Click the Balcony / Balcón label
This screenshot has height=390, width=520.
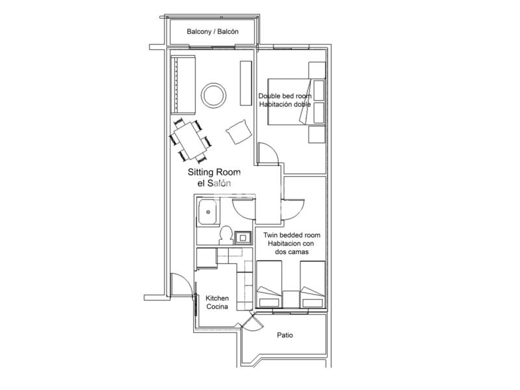tap(213, 31)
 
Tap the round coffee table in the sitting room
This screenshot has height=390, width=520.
tap(214, 95)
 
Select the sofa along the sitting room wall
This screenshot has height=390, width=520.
tap(183, 85)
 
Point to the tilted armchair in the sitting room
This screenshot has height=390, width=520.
tap(239, 132)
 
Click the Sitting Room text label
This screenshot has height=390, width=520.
tap(214, 172)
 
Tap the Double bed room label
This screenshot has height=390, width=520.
tap(285, 96)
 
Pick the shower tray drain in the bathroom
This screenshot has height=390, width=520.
tap(208, 213)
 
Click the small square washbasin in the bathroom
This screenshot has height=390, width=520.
tap(243, 237)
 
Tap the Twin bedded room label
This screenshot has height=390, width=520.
tap(292, 235)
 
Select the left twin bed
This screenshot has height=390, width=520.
tap(269, 284)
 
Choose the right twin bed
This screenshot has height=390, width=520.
tap(313, 284)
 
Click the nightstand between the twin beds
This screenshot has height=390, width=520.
tap(291, 300)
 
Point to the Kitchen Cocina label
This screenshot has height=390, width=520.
tap(217, 302)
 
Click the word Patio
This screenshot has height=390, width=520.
tap(285, 335)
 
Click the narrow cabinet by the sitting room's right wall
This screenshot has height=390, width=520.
tap(246, 83)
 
